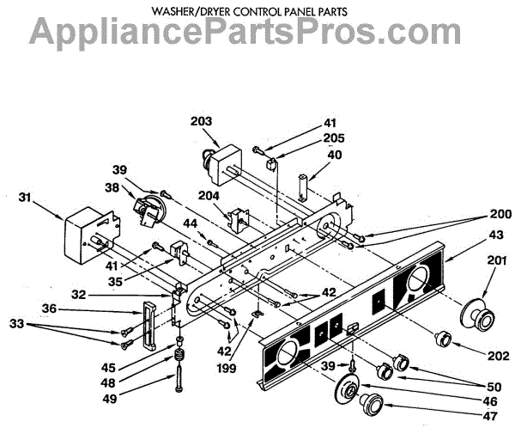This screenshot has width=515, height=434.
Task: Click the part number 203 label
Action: pos(202,122)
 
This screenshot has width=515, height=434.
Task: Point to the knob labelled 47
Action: pos(372,402)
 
